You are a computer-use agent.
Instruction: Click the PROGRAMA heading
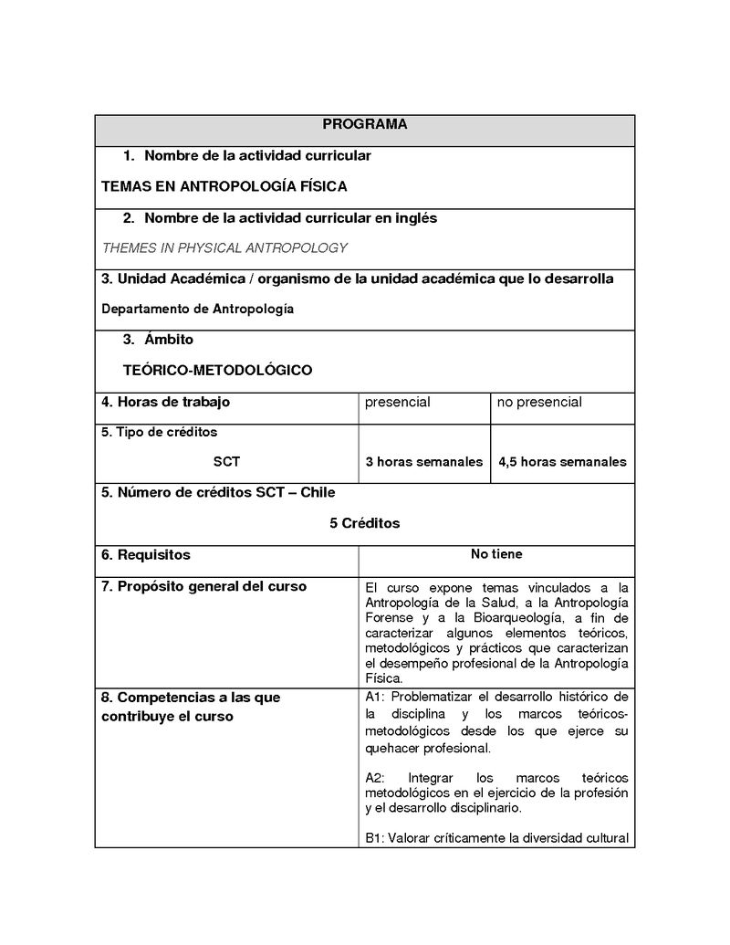tap(365, 124)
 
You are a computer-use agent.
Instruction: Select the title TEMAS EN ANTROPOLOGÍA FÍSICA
tap(224, 186)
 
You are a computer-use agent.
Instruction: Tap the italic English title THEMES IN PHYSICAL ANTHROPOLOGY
tap(224, 247)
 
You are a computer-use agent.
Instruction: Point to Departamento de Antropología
tap(197, 309)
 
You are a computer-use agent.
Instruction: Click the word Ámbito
tap(169, 340)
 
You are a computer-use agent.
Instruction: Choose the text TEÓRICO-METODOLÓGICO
tap(217, 370)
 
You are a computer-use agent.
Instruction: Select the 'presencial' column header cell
tap(397, 402)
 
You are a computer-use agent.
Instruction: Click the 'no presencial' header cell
tap(539, 402)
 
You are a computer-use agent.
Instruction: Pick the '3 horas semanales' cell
tap(423, 462)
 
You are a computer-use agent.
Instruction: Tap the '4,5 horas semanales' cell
tap(562, 462)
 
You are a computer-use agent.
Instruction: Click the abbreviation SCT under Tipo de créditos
tap(226, 462)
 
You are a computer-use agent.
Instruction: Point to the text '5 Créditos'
tap(364, 523)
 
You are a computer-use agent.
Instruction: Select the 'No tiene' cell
tap(496, 554)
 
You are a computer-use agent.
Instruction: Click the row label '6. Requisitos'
tap(146, 554)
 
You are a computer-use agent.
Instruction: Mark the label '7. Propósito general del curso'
tap(203, 586)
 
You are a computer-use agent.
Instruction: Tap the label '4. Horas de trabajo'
tap(165, 402)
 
